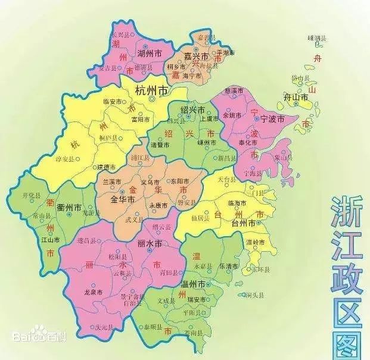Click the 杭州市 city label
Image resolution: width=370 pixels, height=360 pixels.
tap(151, 91)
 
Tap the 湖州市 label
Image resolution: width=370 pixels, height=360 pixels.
tap(150, 53)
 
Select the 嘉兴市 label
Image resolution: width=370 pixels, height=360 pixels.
tap(196, 57)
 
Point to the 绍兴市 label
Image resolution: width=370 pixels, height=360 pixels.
tap(193, 110)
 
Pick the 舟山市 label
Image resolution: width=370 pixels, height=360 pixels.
tap(296, 97)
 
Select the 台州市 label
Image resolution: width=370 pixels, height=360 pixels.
tap(244, 222)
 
